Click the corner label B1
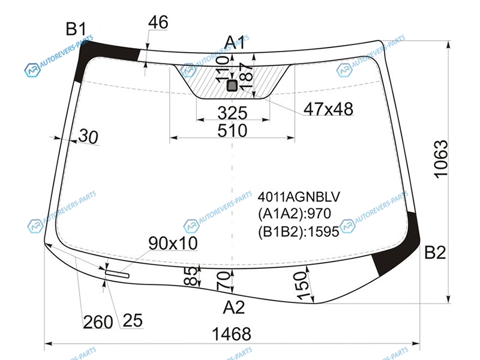point(76,29)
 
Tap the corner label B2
point(435,253)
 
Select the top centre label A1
point(235,42)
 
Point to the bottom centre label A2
point(234,307)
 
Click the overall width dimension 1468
point(232,334)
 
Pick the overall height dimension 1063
point(441,159)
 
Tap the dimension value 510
point(232,131)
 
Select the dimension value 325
point(232,113)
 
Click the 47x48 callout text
point(328,109)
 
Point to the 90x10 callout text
point(173,244)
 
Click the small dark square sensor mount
point(232,85)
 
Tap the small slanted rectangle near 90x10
point(117,274)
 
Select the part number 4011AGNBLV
point(299,197)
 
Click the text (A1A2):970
point(295,214)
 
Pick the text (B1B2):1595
point(298,232)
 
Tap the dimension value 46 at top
point(158,22)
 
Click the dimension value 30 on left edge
point(88,136)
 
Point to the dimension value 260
point(98,322)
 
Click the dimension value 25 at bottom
point(133,320)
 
